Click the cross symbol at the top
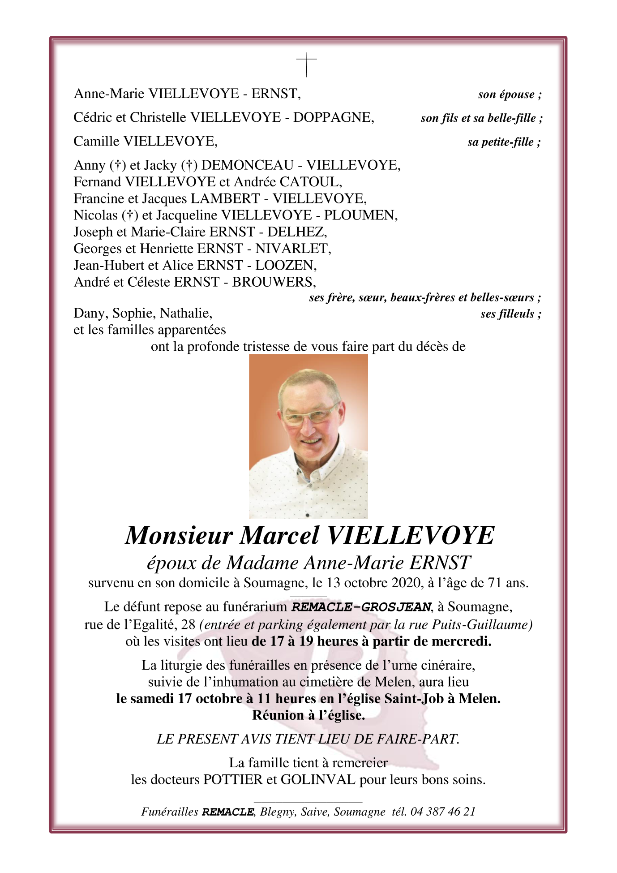coord(307,64)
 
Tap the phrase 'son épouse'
coord(506,95)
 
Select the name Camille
coord(96,142)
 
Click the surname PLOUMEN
coord(360,215)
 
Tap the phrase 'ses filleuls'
coord(507,314)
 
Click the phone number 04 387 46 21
coord(442,812)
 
